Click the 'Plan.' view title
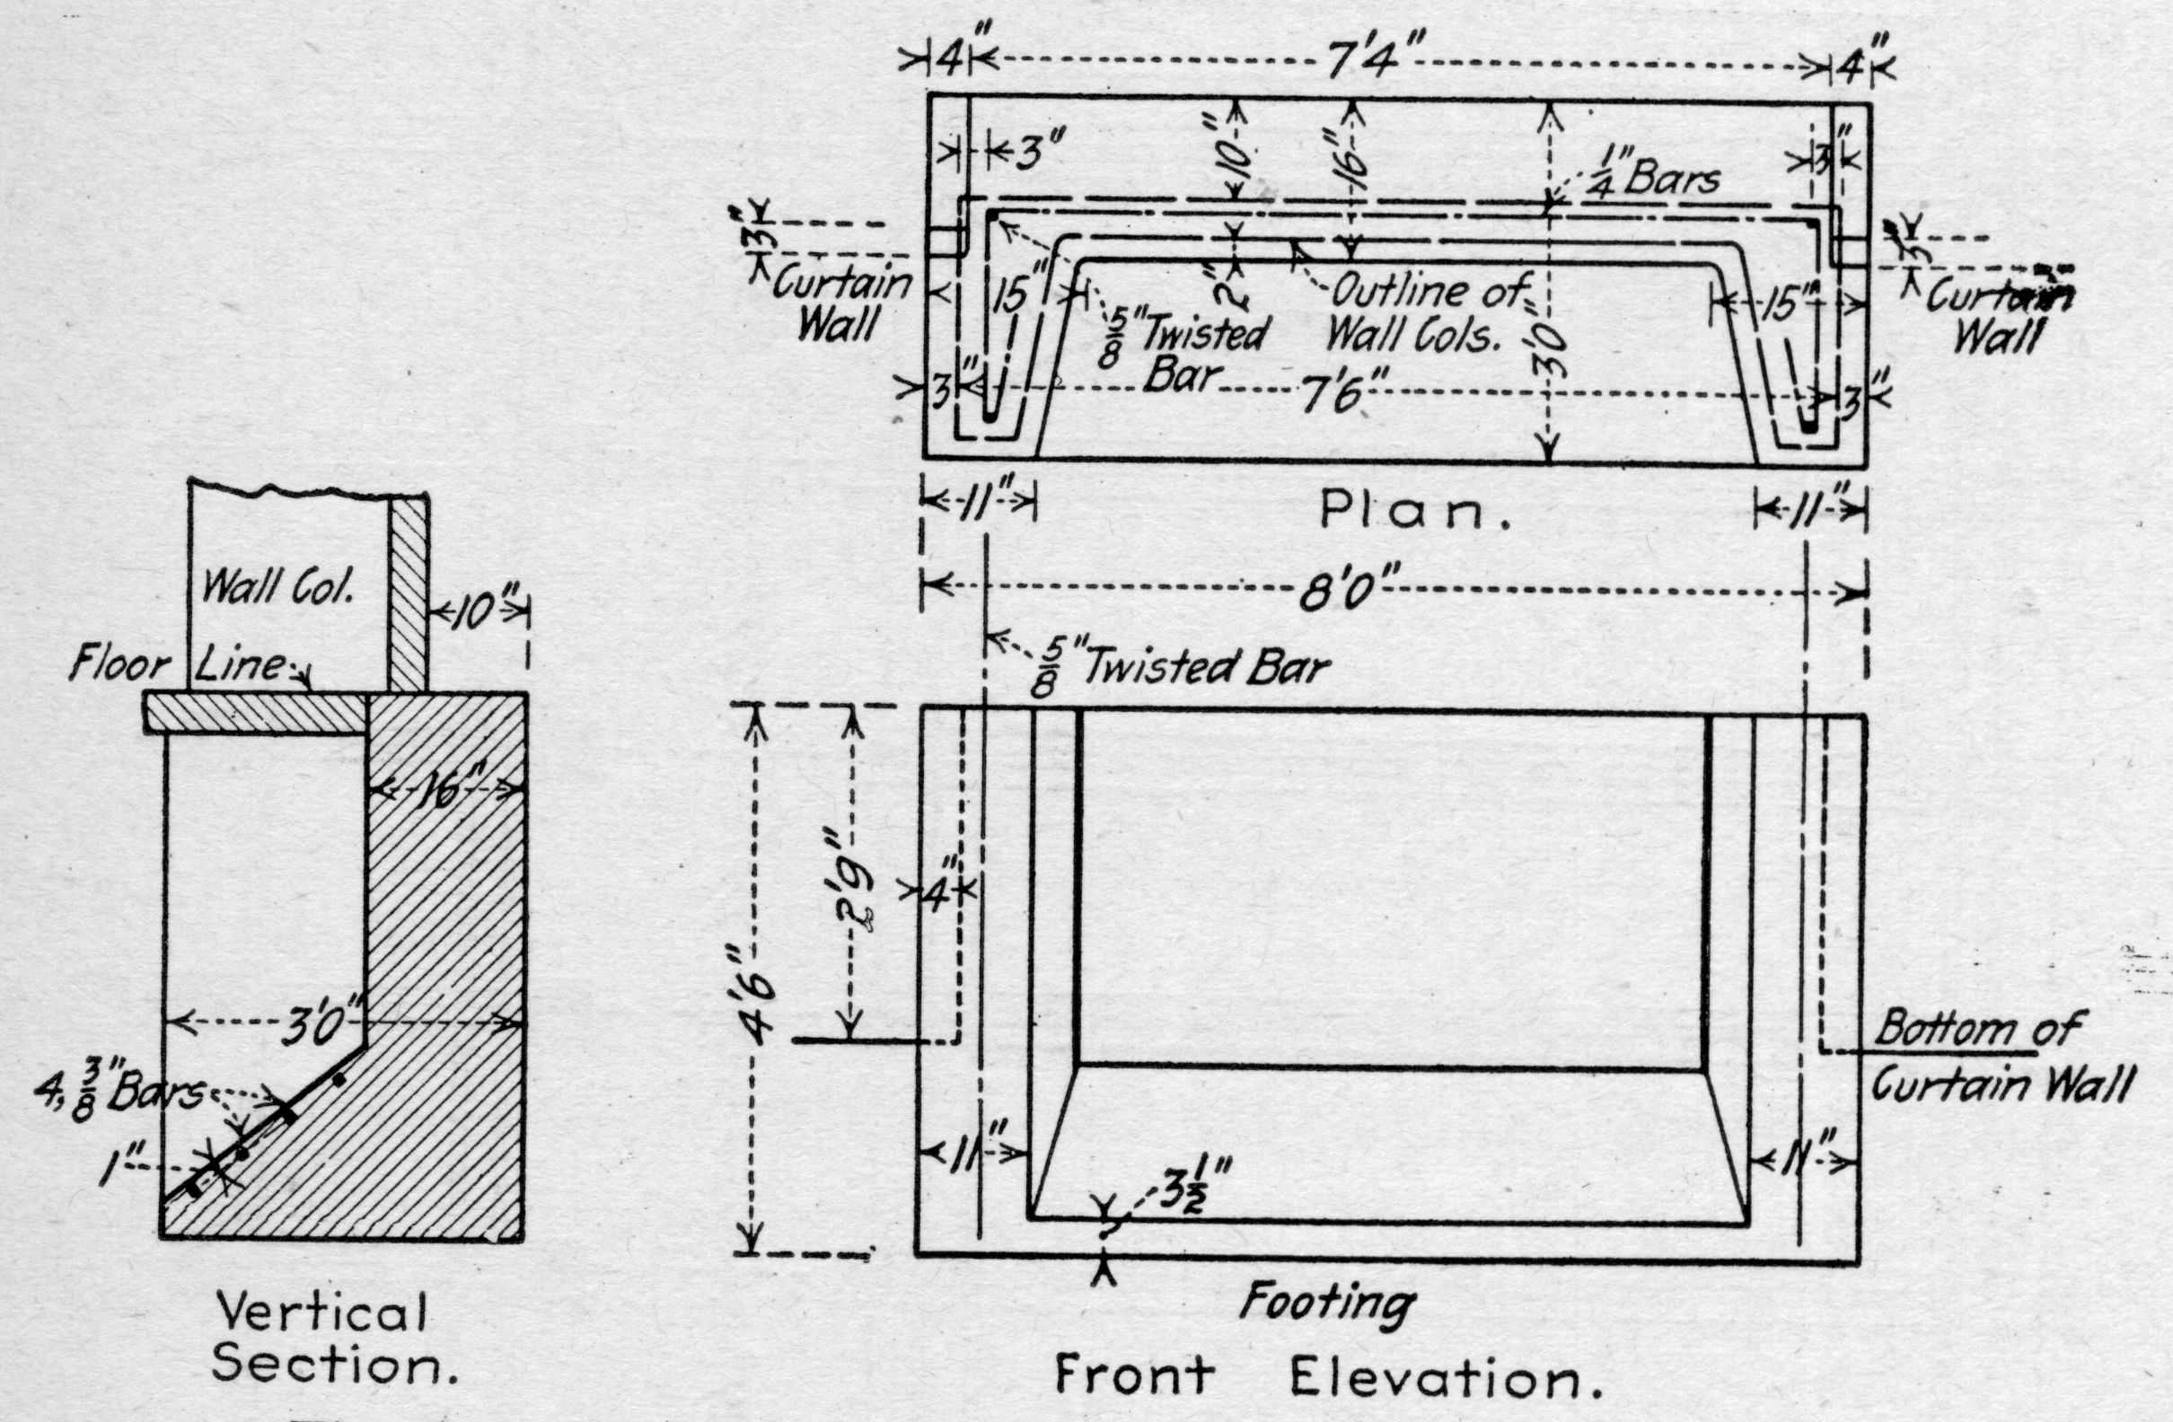pyautogui.click(x=1414, y=513)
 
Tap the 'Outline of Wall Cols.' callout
pyautogui.click(x=1424, y=314)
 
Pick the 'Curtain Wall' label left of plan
pyautogui.click(x=840, y=305)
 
